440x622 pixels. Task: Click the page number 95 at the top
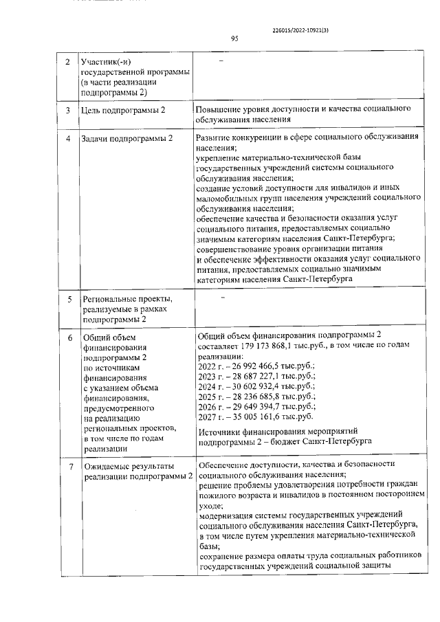coord(234,39)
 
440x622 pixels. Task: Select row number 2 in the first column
coord(67,63)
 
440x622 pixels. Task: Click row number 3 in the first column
coord(67,111)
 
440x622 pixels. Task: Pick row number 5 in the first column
coord(67,300)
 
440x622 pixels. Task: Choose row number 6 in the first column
coord(67,337)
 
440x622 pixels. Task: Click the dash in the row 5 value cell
coord(222,298)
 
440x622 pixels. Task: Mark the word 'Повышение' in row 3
coord(219,109)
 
